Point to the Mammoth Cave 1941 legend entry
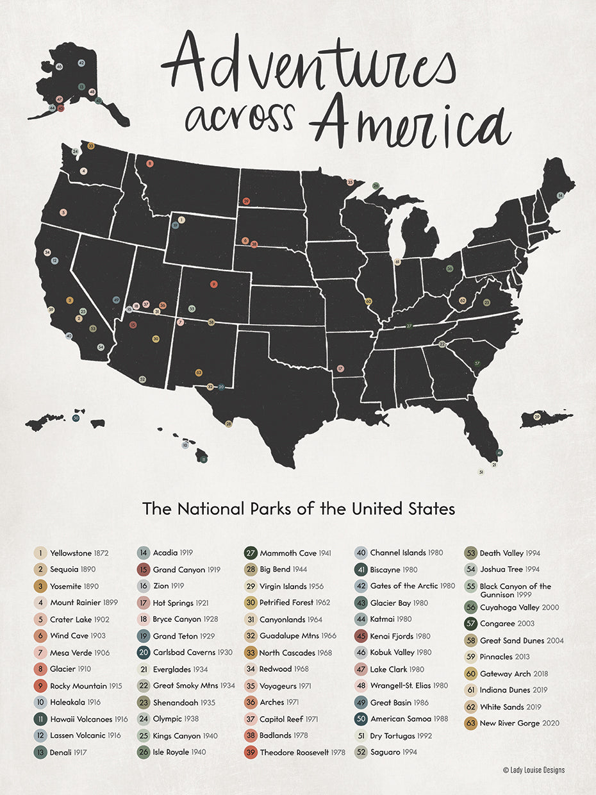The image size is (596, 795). [x=288, y=553]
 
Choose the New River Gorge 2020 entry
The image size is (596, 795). [x=513, y=723]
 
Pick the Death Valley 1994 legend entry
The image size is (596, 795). [x=503, y=553]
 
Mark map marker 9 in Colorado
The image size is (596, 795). [x=213, y=285]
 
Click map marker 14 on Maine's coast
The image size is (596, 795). [x=560, y=195]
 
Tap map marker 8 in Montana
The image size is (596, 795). [x=150, y=164]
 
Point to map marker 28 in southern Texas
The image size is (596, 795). [x=228, y=423]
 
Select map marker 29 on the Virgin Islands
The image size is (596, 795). [x=536, y=417]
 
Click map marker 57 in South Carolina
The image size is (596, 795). [x=477, y=364]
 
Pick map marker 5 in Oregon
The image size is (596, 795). [x=63, y=212]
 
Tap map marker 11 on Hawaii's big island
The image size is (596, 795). [x=204, y=459]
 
